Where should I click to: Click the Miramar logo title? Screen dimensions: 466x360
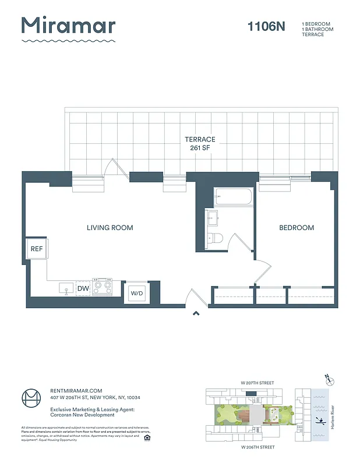point(68,26)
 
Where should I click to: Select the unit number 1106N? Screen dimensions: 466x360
point(266,26)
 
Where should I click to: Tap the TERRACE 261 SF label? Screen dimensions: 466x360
point(200,144)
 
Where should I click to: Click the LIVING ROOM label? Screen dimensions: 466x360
point(110,228)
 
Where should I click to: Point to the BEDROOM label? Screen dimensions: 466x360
point(297,228)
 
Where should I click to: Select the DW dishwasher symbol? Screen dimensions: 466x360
point(83,288)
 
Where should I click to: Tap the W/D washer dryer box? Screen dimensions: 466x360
point(137,292)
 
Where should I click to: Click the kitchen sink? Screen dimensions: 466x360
point(65,288)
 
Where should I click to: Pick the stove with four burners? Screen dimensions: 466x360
point(103,287)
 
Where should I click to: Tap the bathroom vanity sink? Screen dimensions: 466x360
point(213,219)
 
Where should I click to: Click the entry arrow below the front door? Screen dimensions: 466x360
point(196,314)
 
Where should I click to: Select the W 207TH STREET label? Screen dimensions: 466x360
point(257,383)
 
